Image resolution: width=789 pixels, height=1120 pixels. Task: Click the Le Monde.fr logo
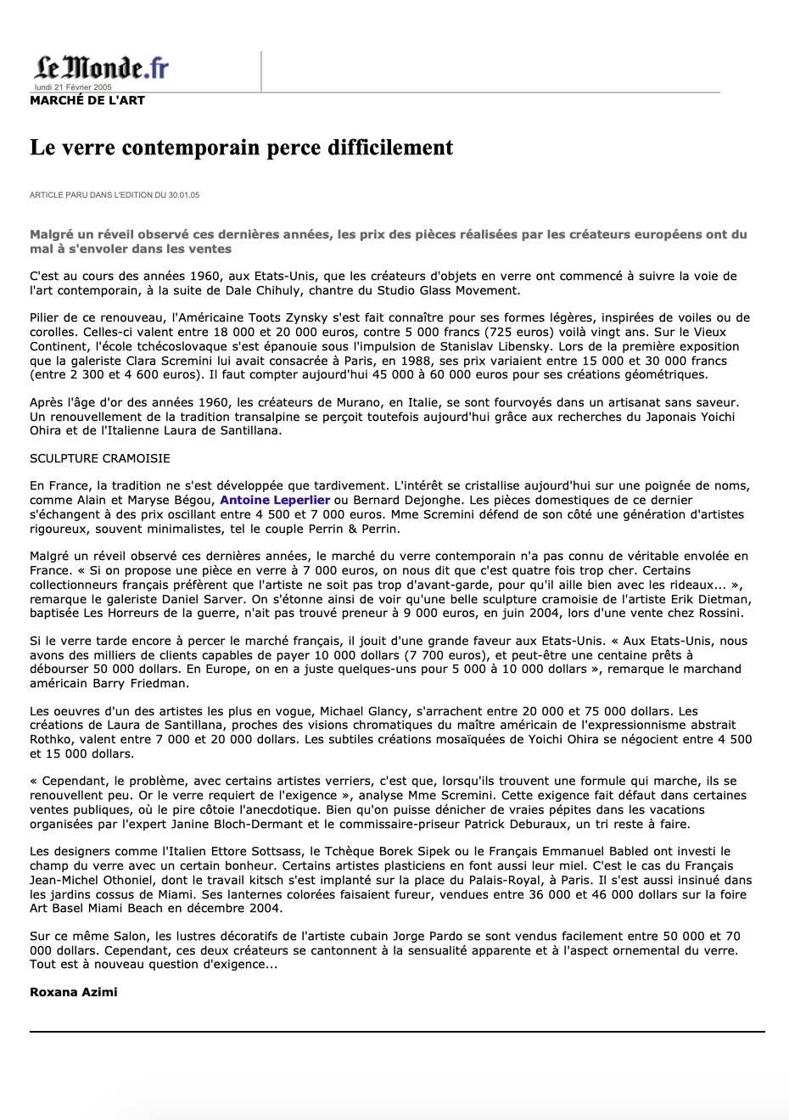(x=102, y=67)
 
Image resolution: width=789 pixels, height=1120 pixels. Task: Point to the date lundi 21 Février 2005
(x=73, y=87)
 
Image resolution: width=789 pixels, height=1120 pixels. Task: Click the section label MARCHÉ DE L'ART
(x=87, y=100)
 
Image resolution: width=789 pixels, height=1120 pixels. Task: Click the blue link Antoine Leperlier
(x=275, y=501)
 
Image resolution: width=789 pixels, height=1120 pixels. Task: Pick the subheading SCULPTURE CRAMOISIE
(x=100, y=458)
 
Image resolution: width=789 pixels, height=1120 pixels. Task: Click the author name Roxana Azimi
(x=74, y=992)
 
